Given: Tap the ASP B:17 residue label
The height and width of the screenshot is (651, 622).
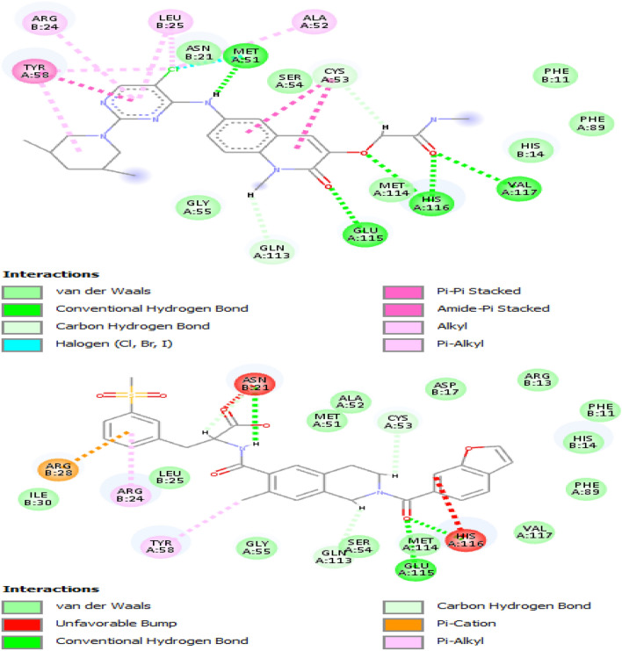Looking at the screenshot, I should [442, 388].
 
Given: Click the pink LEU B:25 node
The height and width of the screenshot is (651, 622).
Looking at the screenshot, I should [170, 21].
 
